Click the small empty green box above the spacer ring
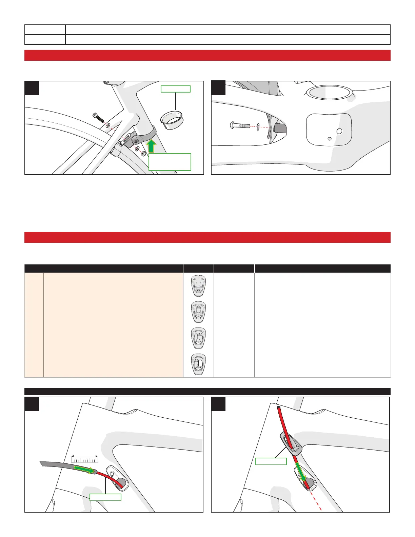pos(175,89)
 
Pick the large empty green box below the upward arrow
pos(170,162)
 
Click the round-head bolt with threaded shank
pos(239,125)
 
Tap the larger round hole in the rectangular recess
pos(339,131)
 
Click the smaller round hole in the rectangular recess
pos(329,138)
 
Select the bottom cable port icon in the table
pos(198,365)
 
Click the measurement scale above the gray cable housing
pos(85,459)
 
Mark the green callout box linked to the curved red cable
pos(105,497)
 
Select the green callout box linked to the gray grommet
pos(271,461)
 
